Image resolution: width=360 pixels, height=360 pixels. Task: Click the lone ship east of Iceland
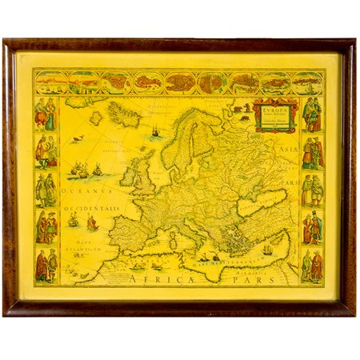point(154,131)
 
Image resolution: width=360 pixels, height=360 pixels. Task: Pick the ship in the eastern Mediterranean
point(267,250)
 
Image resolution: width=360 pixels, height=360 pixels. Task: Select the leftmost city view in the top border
point(50,82)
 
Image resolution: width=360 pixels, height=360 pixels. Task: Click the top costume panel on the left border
point(45,114)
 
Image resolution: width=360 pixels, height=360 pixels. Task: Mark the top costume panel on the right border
point(311,114)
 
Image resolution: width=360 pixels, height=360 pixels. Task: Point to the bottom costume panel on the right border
point(311,266)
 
